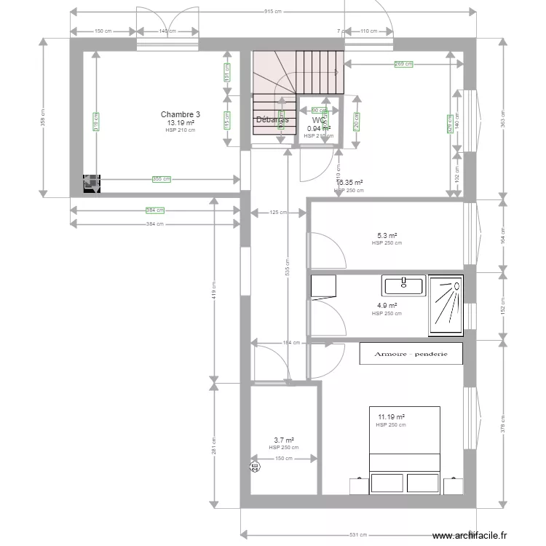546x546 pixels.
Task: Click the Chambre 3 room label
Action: [181, 114]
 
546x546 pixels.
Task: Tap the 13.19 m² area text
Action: [181, 123]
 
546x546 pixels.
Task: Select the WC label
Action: [318, 121]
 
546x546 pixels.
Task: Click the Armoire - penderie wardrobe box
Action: [411, 354]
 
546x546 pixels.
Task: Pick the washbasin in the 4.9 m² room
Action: [403, 285]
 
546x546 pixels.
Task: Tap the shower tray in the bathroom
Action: [446, 306]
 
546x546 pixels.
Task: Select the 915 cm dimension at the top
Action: [272, 12]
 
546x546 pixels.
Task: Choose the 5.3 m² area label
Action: [387, 236]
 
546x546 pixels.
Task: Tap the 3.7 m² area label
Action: [283, 440]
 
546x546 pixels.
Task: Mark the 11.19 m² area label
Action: [390, 417]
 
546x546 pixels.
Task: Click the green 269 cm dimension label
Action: [403, 64]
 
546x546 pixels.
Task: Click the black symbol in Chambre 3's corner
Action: [92, 185]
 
